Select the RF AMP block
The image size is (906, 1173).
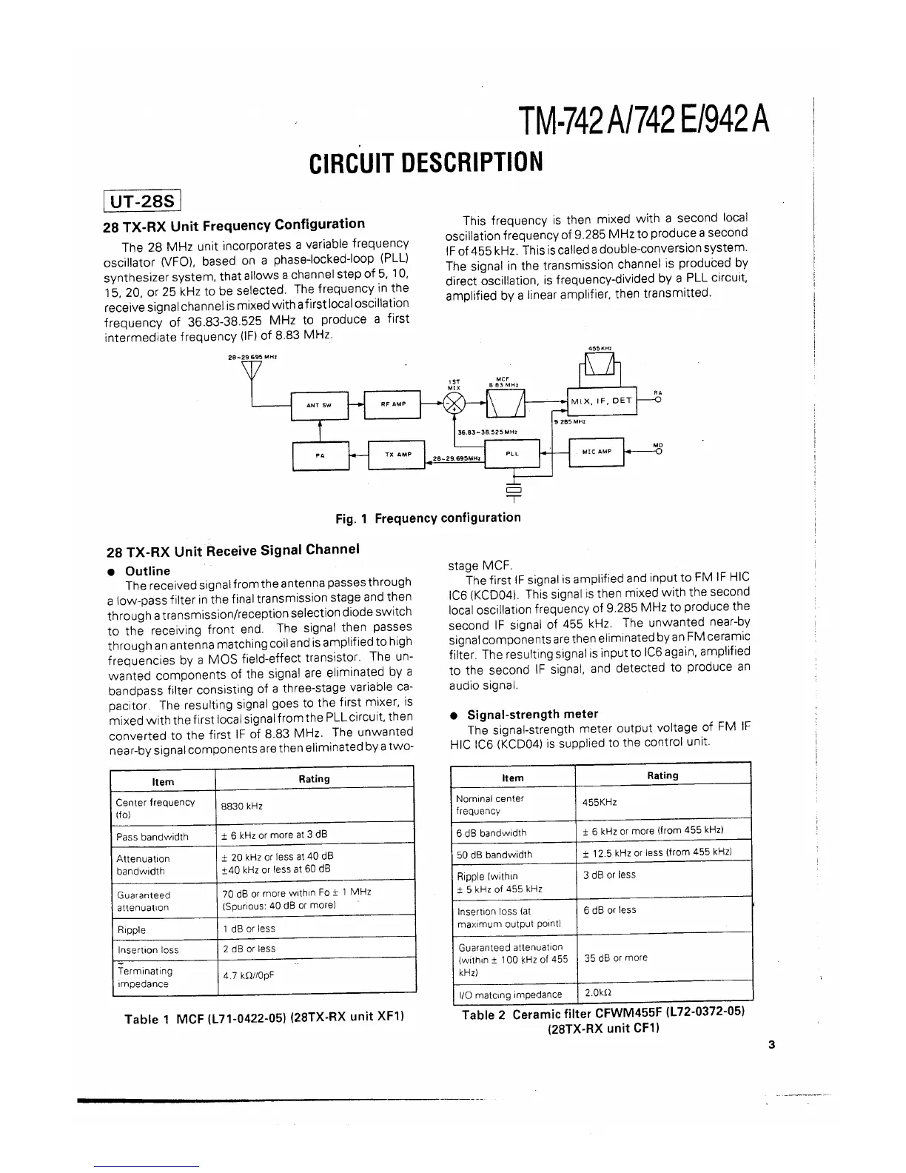point(392,404)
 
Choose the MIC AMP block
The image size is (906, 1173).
point(597,452)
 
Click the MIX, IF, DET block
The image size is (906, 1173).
point(601,401)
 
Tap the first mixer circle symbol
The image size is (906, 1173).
point(453,404)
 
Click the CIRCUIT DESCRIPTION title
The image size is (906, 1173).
point(426,161)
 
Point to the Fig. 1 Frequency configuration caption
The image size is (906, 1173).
point(428,518)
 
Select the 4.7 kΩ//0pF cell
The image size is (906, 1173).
point(249,975)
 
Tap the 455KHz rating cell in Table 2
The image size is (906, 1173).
point(600,802)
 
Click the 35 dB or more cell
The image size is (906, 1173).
point(616,958)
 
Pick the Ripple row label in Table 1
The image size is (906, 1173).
point(132,929)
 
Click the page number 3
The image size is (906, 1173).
point(771,1045)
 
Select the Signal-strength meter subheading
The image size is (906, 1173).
point(532,714)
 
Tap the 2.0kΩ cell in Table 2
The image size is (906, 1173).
point(597,992)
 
